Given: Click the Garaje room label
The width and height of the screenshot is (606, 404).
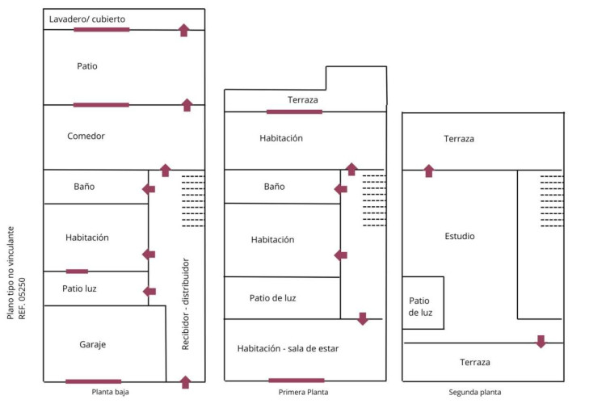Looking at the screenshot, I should coord(93,344).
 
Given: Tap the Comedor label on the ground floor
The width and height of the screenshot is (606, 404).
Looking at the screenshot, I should coord(86,136).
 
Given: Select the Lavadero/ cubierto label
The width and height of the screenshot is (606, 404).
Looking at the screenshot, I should coord(86,19).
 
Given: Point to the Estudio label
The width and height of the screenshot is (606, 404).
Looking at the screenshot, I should coord(460,236).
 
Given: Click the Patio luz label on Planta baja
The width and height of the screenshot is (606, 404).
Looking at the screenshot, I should coord(80,288).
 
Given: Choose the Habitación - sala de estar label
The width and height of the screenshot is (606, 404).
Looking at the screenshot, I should coord(288,348).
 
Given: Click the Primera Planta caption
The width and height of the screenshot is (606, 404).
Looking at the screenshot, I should coord(303,392).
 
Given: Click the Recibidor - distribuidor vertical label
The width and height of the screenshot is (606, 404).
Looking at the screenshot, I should coord(185,305).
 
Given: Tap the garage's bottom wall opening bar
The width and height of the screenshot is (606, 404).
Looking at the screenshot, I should coord(94,381).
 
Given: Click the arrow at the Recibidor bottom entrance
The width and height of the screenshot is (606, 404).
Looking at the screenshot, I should coord(185,381).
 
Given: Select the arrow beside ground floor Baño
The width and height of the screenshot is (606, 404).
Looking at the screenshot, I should coord(149,189).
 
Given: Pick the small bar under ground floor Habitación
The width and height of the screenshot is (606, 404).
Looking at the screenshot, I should coord(77,271).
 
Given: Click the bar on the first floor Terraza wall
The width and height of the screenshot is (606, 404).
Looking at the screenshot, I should coord(294,112).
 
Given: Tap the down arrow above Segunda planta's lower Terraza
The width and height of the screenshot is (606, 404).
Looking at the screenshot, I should coord(541,341).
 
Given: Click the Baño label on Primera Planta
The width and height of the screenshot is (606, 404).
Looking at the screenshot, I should coord(274,187).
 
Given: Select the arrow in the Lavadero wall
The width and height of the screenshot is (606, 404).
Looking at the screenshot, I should coord(183,31).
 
